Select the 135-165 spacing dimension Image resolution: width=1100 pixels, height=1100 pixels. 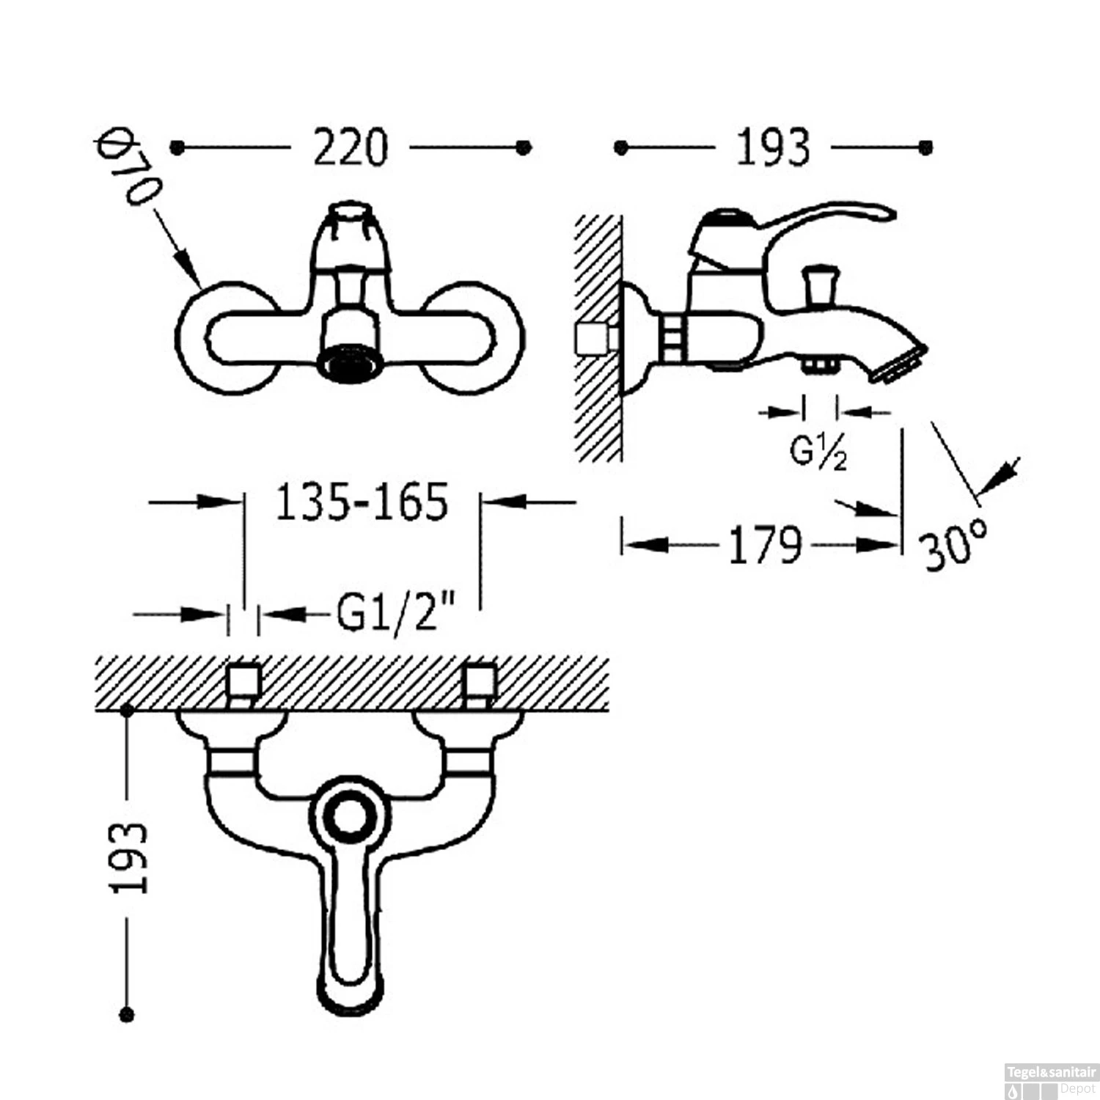tap(362, 502)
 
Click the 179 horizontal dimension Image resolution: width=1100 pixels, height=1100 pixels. tap(764, 546)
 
